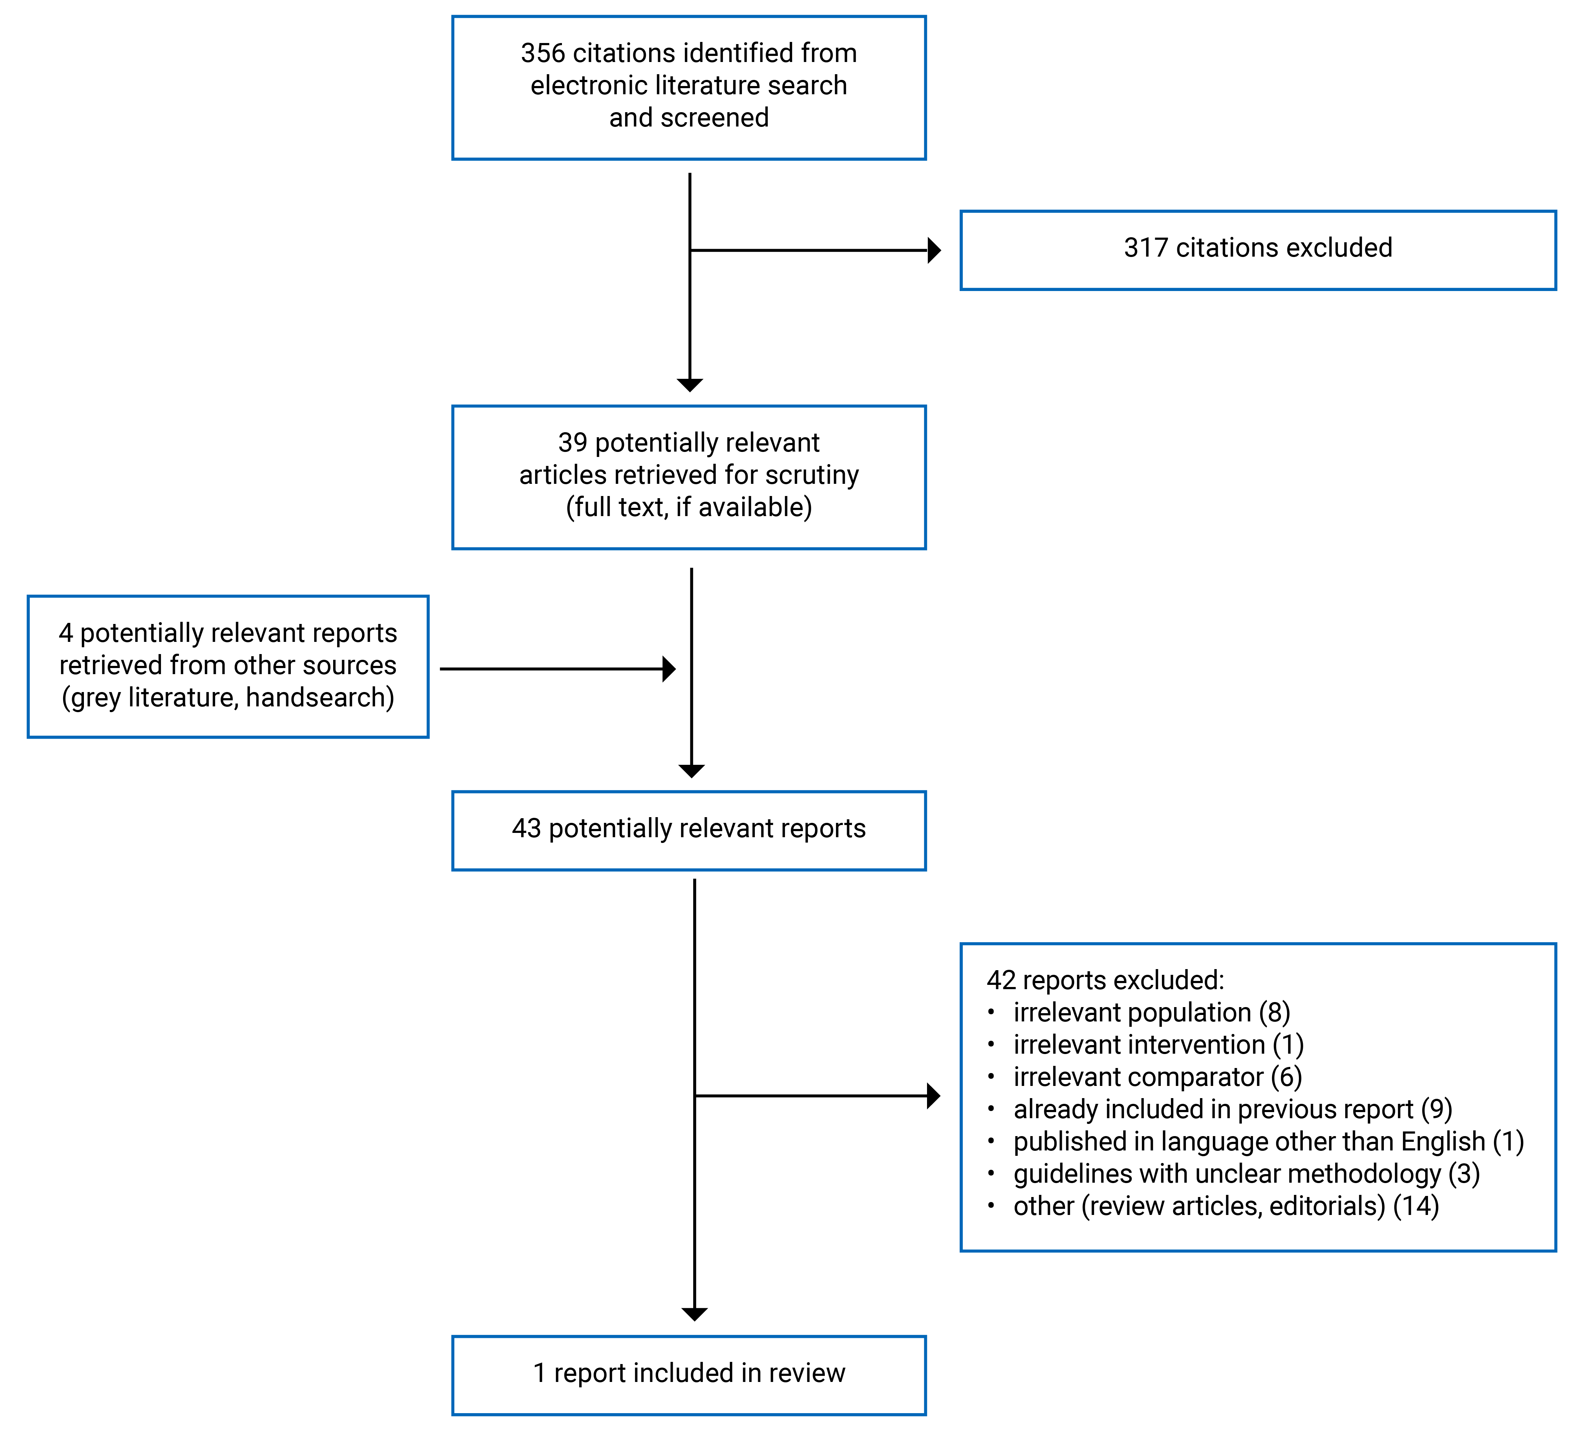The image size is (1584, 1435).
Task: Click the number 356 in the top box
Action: click(x=542, y=53)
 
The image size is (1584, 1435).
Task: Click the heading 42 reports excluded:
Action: click(x=1105, y=980)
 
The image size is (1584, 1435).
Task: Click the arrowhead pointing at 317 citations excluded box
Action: click(x=934, y=251)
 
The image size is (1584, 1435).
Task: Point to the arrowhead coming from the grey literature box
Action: click(x=669, y=669)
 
